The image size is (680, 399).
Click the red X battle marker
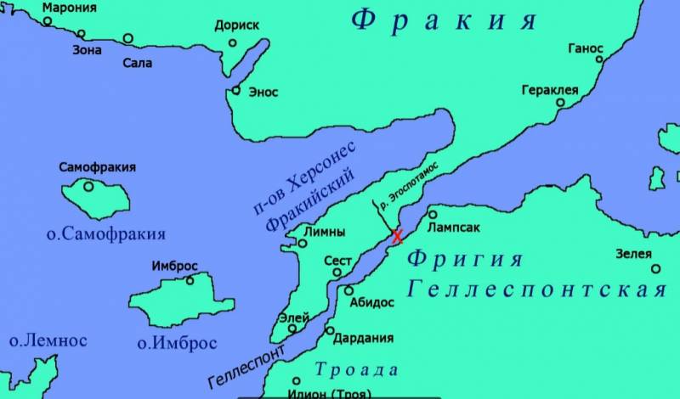pos(397,237)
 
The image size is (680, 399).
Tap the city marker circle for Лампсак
pos(433,215)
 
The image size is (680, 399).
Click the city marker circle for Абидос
pos(348,290)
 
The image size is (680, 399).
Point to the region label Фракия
pos(444,21)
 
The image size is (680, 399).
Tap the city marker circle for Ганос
pos(599,59)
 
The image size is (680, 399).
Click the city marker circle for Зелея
pos(655,268)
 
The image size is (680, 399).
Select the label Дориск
pos(237,26)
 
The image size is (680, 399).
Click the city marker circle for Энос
pos(236,91)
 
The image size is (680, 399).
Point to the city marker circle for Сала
pos(127,38)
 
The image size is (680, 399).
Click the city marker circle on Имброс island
pos(190,280)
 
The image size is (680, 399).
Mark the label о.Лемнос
pos(48,340)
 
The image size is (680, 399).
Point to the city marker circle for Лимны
pos(301,244)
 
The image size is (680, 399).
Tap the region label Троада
pos(356,369)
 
